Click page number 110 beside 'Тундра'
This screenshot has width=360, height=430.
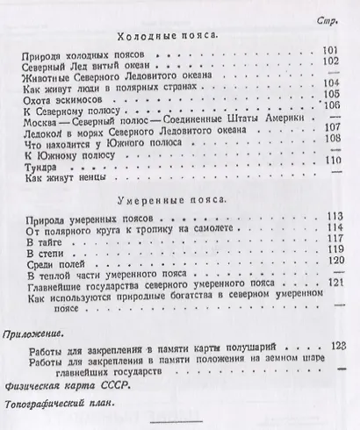coord(330,161)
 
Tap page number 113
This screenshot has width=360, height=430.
coord(331,216)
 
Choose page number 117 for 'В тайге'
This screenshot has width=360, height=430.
coord(331,240)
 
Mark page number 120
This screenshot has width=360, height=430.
coord(331,262)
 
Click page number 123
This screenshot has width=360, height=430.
coord(332,347)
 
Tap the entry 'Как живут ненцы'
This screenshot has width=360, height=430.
coord(64,176)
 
